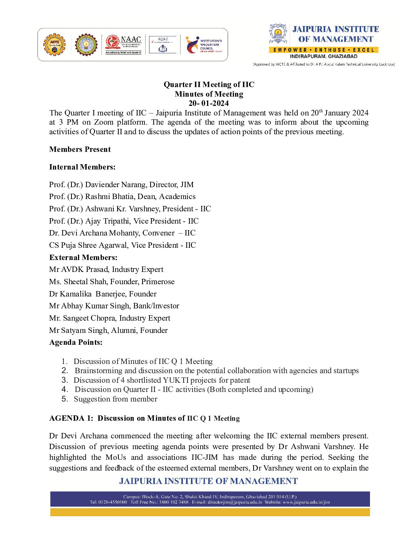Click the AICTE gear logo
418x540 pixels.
click(x=55, y=44)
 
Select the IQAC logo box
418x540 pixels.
click(x=163, y=44)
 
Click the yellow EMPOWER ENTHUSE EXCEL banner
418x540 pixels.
click(x=323, y=50)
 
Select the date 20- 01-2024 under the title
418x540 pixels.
click(x=209, y=103)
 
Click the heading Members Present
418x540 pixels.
click(x=80, y=150)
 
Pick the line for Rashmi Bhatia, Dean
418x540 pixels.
click(x=122, y=196)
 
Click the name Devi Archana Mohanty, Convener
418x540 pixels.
click(x=122, y=233)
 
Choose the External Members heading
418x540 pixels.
click(x=83, y=257)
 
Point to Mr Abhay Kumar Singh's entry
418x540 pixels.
click(x=114, y=306)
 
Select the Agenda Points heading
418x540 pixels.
click(x=76, y=342)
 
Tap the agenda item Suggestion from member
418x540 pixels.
click(x=115, y=399)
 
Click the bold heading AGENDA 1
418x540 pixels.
click(x=71, y=418)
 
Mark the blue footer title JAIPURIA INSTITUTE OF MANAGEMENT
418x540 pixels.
click(x=209, y=481)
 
